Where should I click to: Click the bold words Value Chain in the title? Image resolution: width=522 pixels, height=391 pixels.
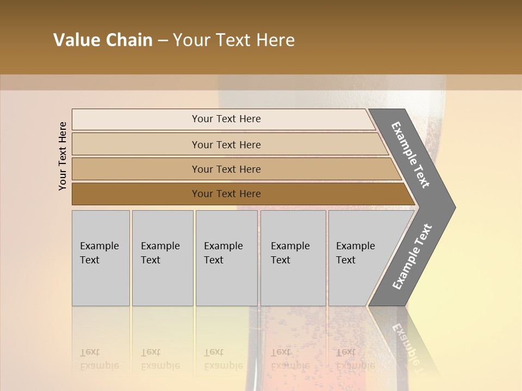click(x=103, y=40)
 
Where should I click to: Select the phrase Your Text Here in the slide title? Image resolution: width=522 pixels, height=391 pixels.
click(x=234, y=40)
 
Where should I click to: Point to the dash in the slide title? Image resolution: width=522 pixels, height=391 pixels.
click(x=163, y=41)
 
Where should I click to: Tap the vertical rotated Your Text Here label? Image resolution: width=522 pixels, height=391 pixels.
click(x=63, y=156)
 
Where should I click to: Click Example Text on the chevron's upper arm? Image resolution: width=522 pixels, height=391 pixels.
click(x=411, y=155)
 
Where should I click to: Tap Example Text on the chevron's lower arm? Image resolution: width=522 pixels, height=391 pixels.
click(x=412, y=257)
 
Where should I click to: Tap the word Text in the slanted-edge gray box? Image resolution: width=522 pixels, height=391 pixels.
click(x=346, y=260)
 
